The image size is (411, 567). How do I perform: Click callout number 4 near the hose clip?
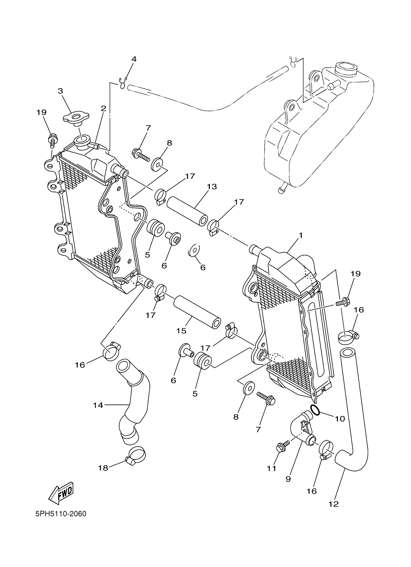[134, 59]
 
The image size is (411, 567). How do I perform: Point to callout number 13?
[212, 187]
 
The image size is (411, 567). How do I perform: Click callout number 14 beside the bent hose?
[98, 405]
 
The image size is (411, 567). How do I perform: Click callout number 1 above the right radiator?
[301, 235]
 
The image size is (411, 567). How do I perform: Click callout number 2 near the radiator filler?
[103, 108]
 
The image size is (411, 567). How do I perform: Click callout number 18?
[103, 468]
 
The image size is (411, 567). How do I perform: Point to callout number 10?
[340, 419]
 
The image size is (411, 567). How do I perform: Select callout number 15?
[181, 331]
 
